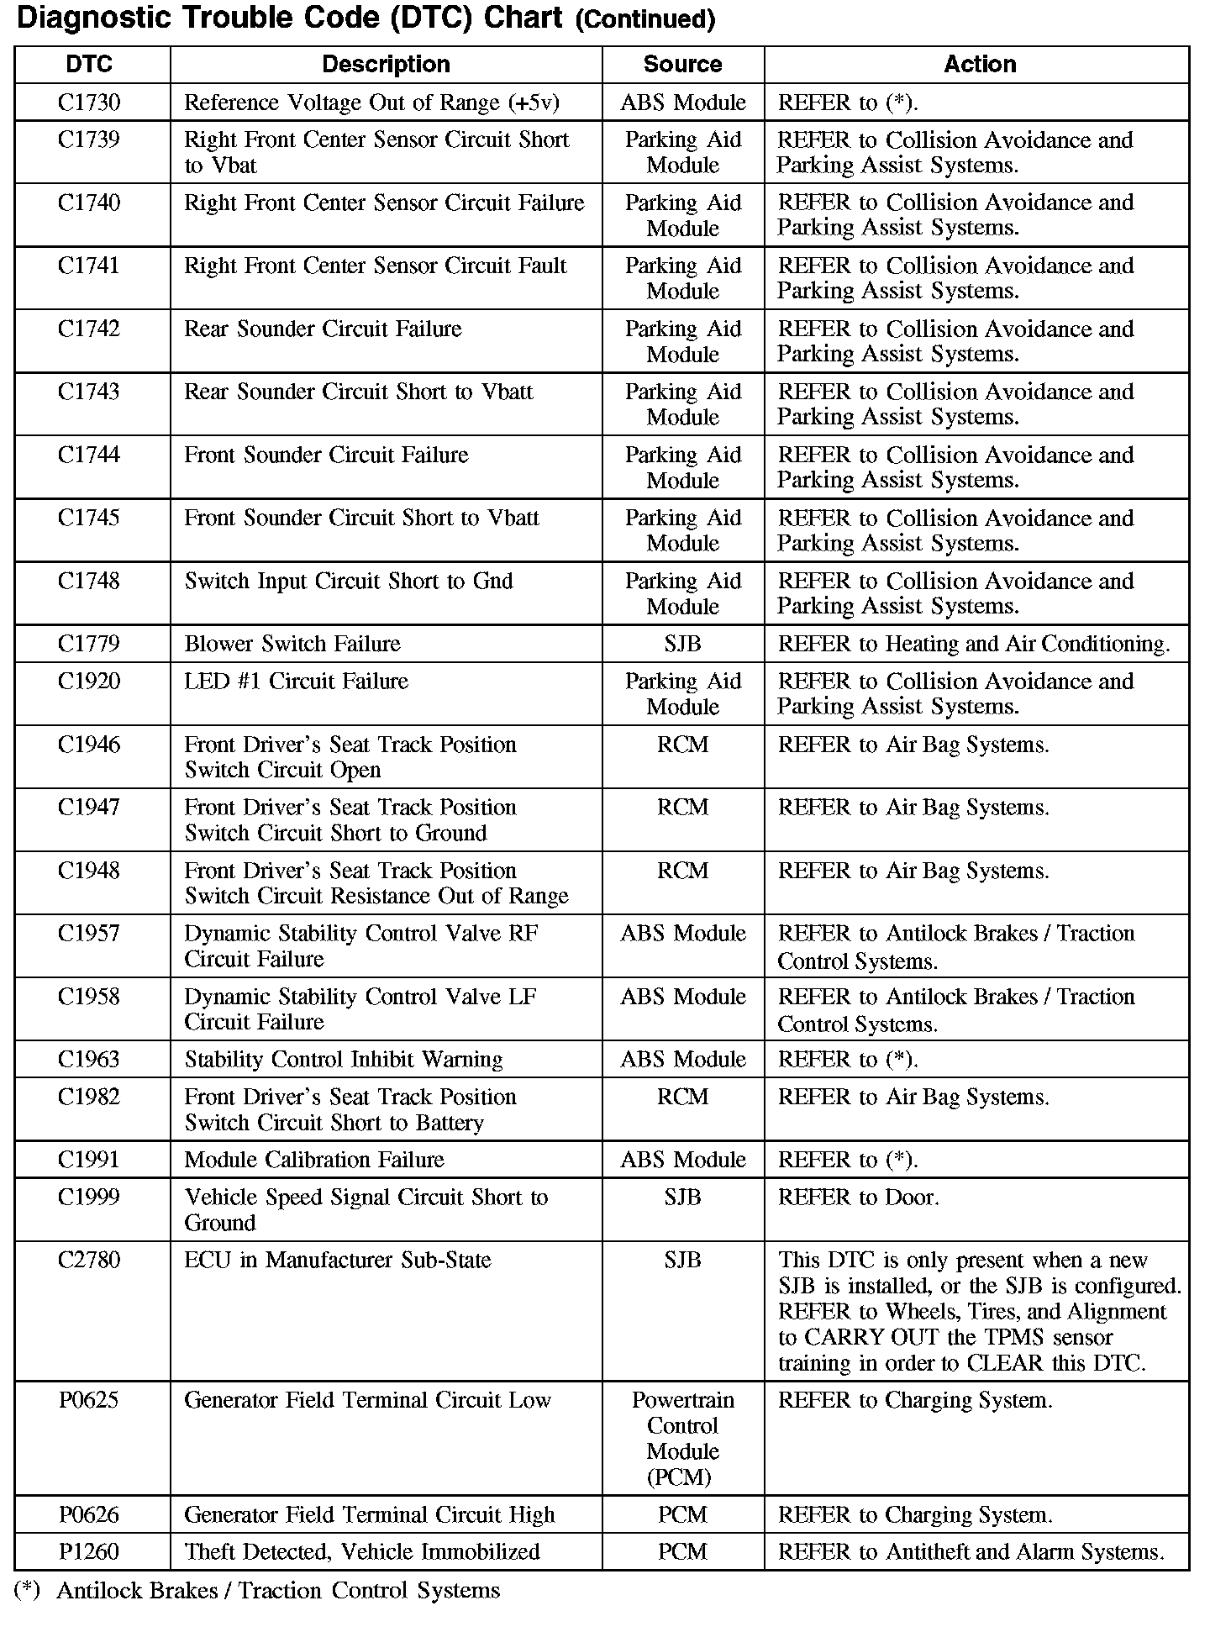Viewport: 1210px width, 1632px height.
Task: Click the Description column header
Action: point(386,65)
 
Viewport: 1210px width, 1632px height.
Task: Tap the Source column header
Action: point(682,65)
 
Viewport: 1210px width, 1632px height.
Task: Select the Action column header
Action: point(980,65)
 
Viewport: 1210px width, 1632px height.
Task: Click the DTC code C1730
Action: point(89,103)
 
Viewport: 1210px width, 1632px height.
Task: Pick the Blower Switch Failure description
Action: point(292,644)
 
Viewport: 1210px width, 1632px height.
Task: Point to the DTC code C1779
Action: point(89,644)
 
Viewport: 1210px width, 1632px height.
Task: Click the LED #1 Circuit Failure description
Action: point(297,682)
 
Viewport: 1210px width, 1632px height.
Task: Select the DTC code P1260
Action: point(89,1552)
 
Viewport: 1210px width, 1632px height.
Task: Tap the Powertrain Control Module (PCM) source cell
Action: point(682,1438)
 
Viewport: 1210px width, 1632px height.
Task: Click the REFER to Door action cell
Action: point(859,1198)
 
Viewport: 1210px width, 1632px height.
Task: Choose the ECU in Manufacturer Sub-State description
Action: point(338,1261)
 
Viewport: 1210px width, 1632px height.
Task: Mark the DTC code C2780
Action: point(89,1261)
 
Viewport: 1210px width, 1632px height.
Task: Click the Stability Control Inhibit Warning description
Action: point(344,1060)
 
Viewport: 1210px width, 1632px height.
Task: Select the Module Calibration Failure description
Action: point(314,1161)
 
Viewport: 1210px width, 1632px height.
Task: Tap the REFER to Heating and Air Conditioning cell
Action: point(974,645)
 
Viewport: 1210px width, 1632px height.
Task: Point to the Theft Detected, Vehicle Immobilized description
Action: point(362,1552)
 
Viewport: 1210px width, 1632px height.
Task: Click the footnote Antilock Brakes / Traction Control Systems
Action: point(278,1591)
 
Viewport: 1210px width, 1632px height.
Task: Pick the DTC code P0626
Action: point(89,1515)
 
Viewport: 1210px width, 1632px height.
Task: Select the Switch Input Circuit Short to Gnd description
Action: point(349,582)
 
